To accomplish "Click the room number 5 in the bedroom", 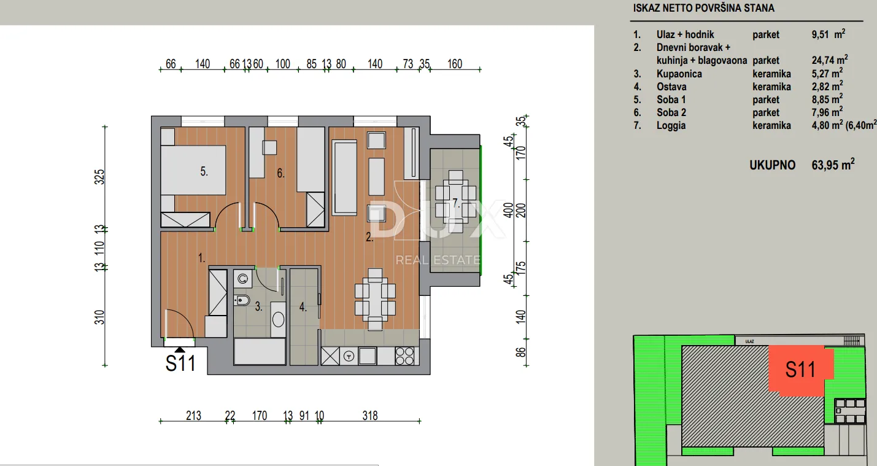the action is coord(204,171).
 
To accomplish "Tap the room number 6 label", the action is coord(280,173).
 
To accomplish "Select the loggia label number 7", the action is coord(456,203).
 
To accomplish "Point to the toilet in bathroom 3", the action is coord(242,300).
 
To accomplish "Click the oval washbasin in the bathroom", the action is coord(279,319).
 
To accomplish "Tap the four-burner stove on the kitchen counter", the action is coord(404,356).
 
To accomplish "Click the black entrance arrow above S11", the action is coord(179,350).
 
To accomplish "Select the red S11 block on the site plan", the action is coord(801,369).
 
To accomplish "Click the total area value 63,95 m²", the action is coord(833,165).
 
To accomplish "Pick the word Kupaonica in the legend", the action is coord(679,74).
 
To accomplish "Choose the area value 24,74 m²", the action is coord(830,60).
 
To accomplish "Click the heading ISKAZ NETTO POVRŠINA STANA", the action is coord(703,8).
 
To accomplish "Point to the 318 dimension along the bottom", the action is coord(370,416).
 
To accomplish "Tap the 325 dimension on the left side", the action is coord(99,177).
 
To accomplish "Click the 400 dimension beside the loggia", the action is coord(508,211).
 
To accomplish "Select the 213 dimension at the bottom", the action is coord(193,416).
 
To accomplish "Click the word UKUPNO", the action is coord(773,165).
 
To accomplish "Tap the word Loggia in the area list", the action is coord(671,125).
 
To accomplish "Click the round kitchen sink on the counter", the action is coord(349,356).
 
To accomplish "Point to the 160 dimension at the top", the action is coord(455,64).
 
